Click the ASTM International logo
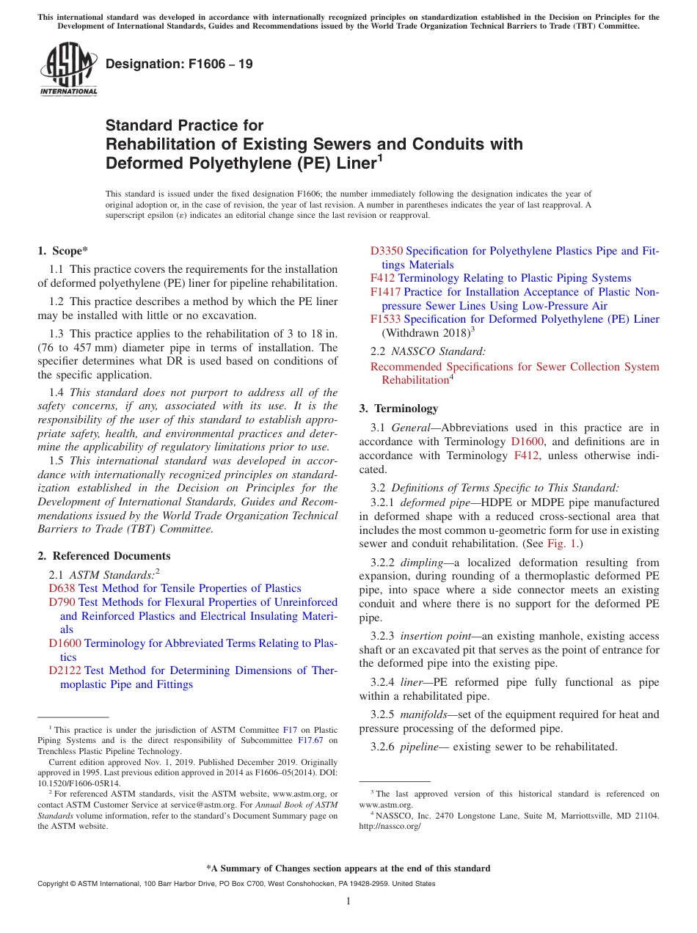(68, 69)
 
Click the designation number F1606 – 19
(179, 64)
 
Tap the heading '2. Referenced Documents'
(104, 556)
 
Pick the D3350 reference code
(387, 251)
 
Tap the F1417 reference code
(385, 292)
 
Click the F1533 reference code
(385, 319)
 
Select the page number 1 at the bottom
(348, 901)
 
